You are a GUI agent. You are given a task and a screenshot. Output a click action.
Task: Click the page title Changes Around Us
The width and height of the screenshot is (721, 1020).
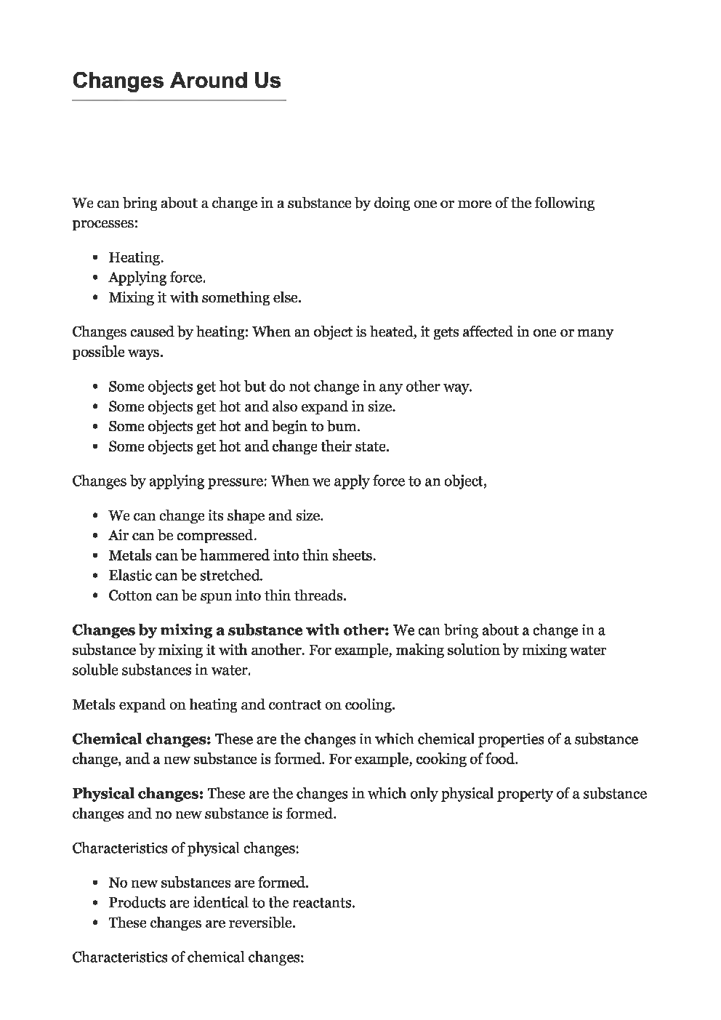[177, 80]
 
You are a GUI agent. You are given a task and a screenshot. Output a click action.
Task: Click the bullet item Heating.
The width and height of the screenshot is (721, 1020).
[136, 257]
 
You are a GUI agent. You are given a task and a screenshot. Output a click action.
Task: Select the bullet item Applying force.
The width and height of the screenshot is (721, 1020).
[157, 277]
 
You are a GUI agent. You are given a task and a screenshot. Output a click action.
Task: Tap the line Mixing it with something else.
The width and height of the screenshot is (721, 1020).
[204, 297]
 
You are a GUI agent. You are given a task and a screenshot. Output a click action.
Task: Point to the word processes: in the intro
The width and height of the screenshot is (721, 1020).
[105, 223]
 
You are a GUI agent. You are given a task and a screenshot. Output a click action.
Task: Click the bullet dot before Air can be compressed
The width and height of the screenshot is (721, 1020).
[96, 536]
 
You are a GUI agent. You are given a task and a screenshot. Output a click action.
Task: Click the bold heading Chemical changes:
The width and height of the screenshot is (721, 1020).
[142, 739]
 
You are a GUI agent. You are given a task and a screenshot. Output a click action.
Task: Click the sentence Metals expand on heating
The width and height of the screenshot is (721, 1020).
[233, 704]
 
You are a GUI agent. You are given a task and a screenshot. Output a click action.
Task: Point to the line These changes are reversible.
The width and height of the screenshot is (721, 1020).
[202, 923]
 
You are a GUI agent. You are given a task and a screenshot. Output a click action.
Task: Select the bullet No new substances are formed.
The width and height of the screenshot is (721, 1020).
[209, 883]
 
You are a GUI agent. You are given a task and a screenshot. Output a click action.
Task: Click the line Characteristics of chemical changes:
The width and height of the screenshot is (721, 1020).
[188, 957]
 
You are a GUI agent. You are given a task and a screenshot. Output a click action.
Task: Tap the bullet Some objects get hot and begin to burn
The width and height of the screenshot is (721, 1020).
[234, 427]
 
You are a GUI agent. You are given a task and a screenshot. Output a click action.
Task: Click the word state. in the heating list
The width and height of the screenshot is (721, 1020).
[372, 446]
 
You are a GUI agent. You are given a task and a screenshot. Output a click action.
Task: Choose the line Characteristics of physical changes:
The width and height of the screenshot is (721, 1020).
[185, 848]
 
